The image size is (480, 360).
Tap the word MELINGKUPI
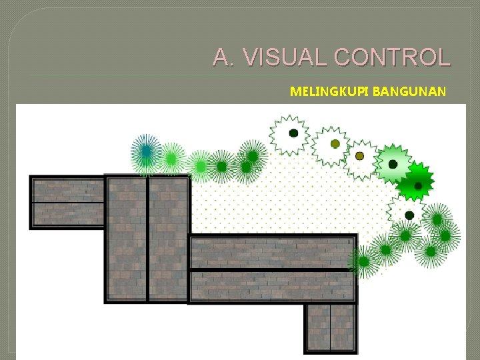tap(330, 91)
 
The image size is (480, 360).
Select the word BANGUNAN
tap(409, 91)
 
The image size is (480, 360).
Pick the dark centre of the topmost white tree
tap(293, 133)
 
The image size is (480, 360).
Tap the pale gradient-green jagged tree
tap(393, 164)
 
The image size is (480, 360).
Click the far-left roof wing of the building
tap(67, 201)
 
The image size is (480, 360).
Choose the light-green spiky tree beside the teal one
tap(171, 159)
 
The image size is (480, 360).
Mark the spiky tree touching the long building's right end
tap(364, 262)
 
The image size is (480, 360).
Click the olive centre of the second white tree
tap(335, 144)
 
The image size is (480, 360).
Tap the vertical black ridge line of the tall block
tap(147, 239)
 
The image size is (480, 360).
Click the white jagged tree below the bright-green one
tap(409, 215)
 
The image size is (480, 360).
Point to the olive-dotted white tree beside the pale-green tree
tap(360, 156)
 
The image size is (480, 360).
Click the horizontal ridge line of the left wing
tap(67, 201)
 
